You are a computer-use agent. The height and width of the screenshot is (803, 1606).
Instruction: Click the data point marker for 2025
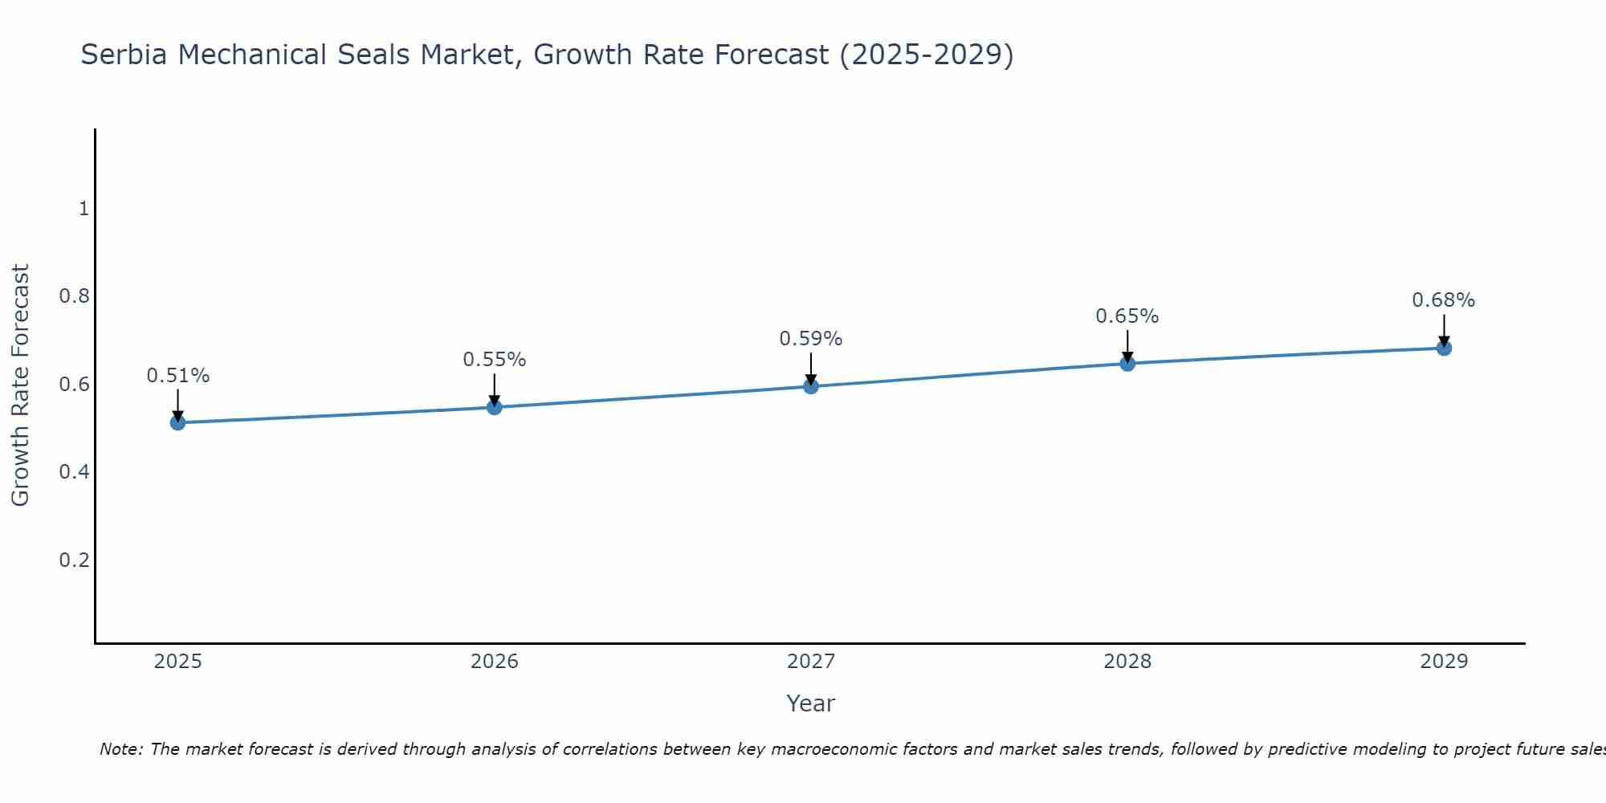[177, 422]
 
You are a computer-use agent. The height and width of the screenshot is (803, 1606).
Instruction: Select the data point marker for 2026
[495, 407]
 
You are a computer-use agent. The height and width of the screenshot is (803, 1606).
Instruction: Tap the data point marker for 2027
[811, 386]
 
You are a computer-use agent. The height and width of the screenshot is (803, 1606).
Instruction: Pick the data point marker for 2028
[1127, 364]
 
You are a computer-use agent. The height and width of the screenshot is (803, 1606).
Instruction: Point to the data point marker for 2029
[1444, 348]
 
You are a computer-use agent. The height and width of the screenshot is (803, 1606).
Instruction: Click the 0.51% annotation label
[177, 376]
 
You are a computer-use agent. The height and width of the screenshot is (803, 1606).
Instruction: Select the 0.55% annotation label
[495, 360]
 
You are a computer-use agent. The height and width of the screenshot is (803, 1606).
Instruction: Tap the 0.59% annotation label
[811, 339]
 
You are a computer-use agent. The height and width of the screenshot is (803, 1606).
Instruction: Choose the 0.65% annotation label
[1127, 316]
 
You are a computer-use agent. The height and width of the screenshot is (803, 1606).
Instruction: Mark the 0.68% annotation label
[1444, 300]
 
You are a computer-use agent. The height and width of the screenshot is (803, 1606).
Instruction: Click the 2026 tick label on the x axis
[495, 662]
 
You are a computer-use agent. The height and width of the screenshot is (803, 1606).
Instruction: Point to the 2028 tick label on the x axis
[1127, 662]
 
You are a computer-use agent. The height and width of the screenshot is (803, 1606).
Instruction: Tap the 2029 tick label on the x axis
[1444, 662]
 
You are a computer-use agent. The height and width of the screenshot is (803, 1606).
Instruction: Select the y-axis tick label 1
[84, 209]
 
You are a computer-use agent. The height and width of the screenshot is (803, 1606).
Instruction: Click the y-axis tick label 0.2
[74, 560]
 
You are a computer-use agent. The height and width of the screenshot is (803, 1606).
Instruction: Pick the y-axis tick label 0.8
[74, 296]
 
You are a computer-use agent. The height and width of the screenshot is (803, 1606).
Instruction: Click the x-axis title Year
[811, 703]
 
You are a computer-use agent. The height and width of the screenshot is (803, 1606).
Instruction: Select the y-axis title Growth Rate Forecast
[20, 385]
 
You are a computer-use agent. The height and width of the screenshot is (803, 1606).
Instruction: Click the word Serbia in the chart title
[124, 55]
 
